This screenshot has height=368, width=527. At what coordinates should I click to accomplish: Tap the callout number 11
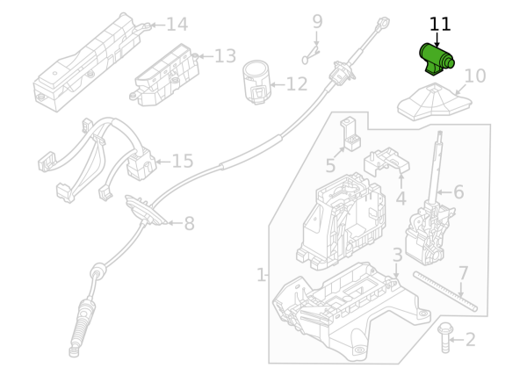440,24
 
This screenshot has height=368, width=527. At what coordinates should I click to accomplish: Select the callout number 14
177,25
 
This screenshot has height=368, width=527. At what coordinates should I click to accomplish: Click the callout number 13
225,56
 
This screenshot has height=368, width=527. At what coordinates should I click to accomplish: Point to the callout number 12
296,84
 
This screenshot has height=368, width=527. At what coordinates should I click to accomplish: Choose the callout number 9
317,21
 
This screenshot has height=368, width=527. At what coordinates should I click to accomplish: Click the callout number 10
474,76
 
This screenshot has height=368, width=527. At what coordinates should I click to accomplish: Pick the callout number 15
182,162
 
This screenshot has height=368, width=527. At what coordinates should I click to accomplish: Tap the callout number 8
189,224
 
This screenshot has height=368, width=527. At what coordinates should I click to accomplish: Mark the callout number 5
330,166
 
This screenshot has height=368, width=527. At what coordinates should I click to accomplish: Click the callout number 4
401,198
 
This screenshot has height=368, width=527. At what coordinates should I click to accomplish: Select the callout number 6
458,191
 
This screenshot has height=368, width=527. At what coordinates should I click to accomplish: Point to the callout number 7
463,273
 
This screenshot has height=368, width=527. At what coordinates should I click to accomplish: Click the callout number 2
470,340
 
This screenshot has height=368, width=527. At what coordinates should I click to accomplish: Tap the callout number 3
397,256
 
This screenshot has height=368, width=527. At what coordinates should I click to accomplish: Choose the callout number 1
261,276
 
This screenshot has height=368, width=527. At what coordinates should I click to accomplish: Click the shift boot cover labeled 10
432,104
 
